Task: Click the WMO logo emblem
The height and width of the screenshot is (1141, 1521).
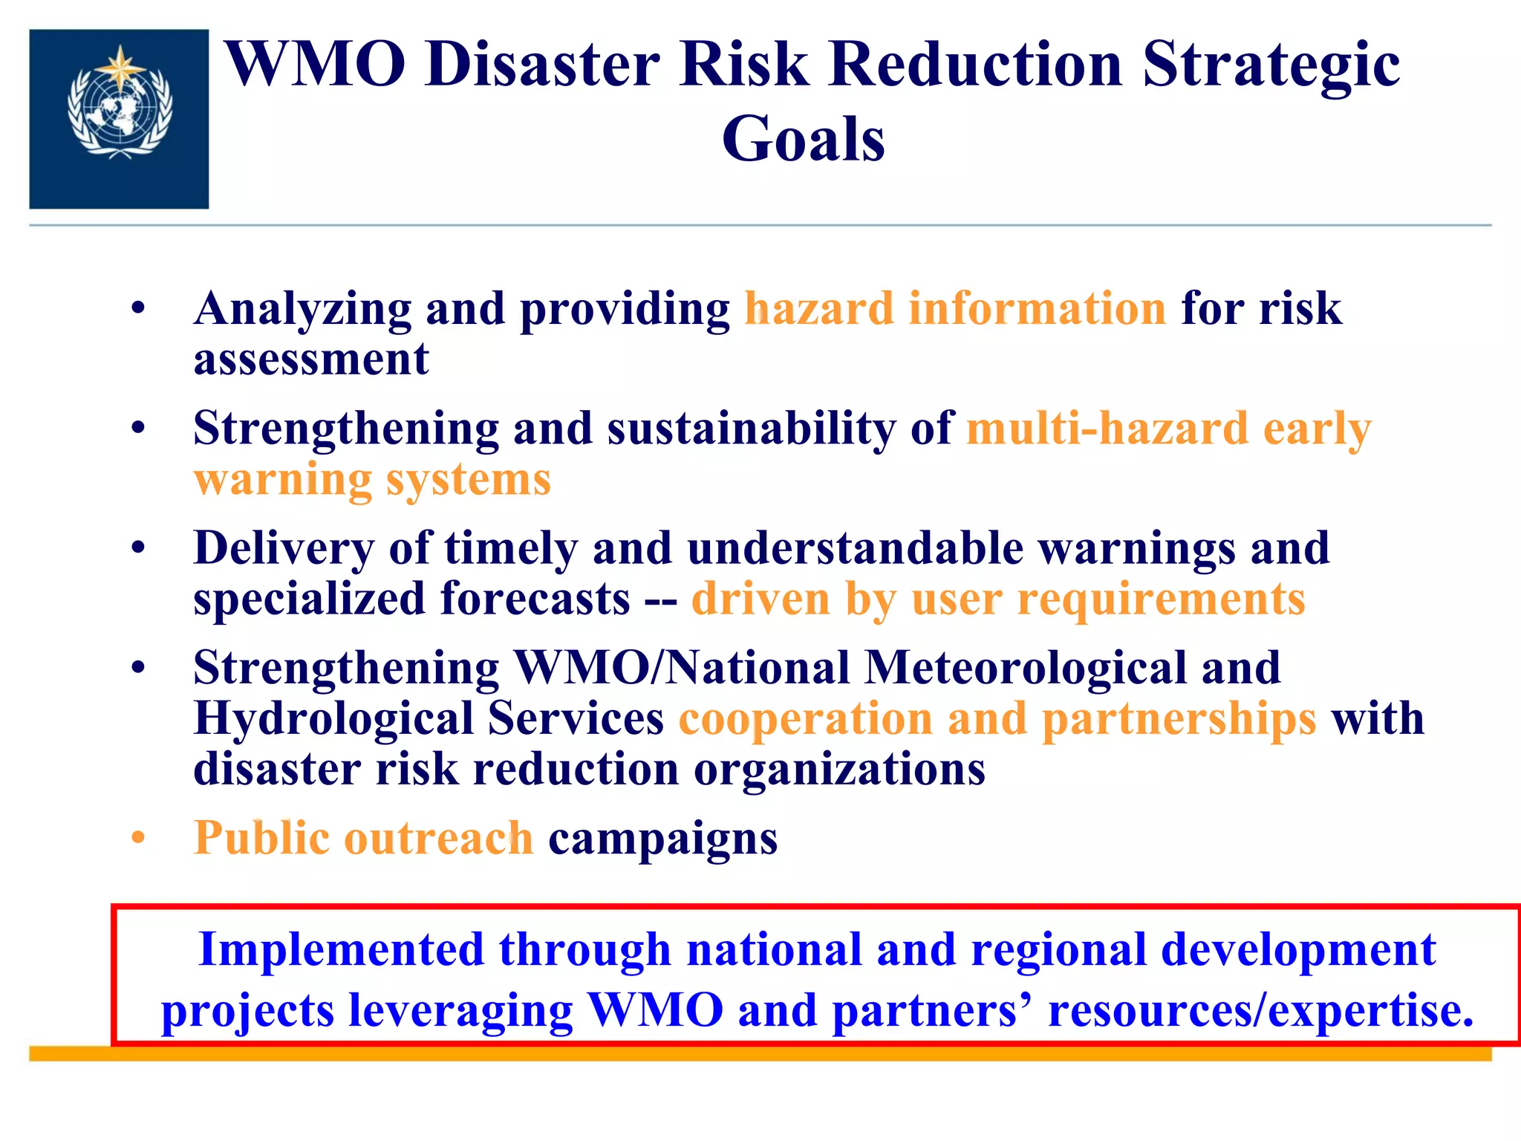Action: pyautogui.click(x=119, y=111)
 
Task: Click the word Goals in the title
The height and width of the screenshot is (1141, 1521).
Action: pyautogui.click(x=803, y=140)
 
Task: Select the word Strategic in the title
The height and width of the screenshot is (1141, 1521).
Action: pyautogui.click(x=1271, y=65)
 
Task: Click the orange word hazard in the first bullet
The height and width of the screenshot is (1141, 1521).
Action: pyautogui.click(x=818, y=308)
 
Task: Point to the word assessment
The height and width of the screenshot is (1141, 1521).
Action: pyautogui.click(x=311, y=360)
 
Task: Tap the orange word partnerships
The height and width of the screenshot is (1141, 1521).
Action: pyautogui.click(x=1179, y=719)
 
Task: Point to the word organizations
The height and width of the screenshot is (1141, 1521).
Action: pyautogui.click(x=839, y=770)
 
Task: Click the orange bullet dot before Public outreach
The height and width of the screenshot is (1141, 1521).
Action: pyautogui.click(x=138, y=838)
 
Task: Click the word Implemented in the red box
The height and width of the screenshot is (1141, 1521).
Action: pyautogui.click(x=342, y=950)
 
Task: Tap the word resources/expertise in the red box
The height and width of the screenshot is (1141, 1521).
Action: pyautogui.click(x=1260, y=1010)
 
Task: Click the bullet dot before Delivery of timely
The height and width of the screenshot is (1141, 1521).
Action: pyautogui.click(x=138, y=548)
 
